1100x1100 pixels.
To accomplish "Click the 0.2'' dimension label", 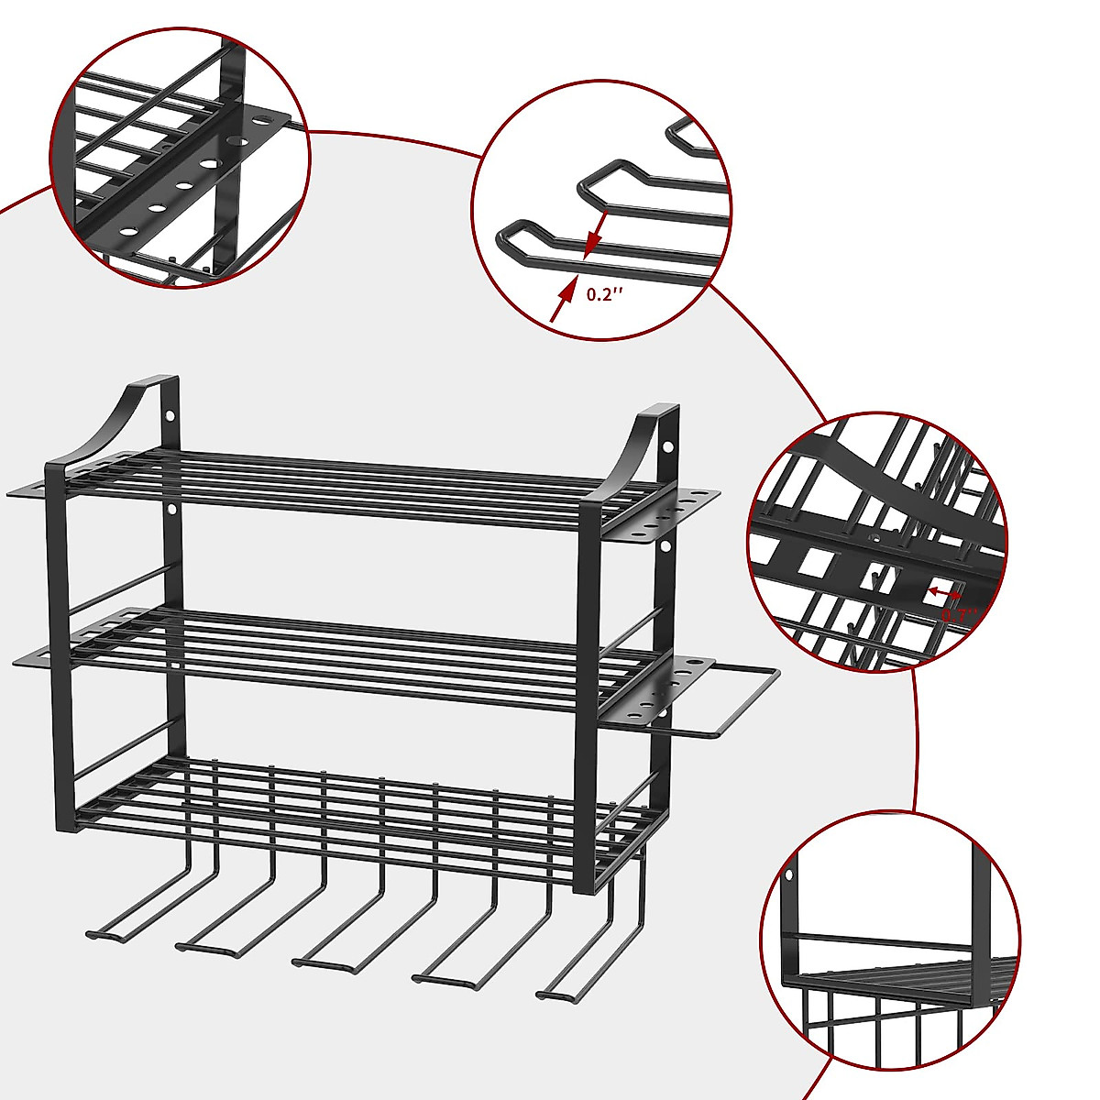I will point(605,294).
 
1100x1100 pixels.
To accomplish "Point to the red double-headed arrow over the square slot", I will point(944,594).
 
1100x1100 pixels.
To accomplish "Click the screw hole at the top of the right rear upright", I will point(668,446).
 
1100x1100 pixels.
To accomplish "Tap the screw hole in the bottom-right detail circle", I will point(787,874).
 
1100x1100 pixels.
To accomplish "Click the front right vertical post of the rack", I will point(587,697).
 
